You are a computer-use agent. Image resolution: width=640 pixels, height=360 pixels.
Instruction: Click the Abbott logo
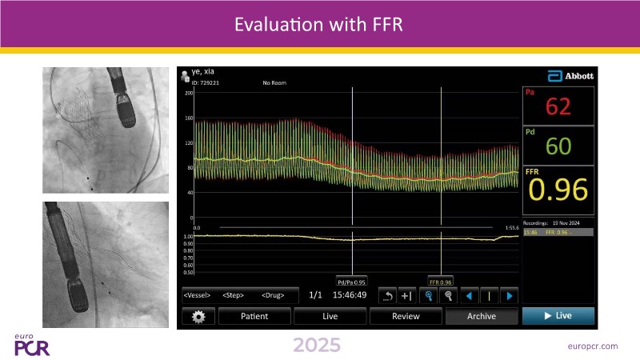(570, 76)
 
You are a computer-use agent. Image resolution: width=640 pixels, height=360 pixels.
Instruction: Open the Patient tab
(254, 316)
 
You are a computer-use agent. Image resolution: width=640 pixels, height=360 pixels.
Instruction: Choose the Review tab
(406, 316)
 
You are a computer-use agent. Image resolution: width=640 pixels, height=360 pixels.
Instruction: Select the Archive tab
(481, 316)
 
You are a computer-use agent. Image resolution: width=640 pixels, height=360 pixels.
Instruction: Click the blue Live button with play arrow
(558, 315)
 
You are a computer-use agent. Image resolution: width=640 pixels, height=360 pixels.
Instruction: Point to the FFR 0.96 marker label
(441, 282)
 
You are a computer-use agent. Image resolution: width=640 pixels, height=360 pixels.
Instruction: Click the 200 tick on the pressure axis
(190, 94)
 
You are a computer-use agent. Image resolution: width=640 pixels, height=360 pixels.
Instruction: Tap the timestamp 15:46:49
(349, 295)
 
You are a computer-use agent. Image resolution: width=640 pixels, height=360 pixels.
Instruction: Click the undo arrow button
(386, 295)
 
